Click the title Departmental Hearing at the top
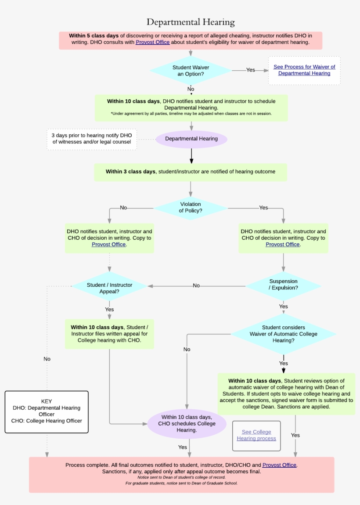(191, 22)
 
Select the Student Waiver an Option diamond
(191, 71)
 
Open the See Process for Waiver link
(304, 70)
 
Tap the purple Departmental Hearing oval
(191, 139)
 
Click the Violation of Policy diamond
(191, 208)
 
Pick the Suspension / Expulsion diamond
(283, 285)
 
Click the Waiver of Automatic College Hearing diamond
(283, 334)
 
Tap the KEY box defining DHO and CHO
(47, 411)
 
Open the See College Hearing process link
(256, 435)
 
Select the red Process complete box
(181, 474)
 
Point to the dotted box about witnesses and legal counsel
(92, 139)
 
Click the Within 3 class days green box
(191, 172)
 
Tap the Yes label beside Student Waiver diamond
(250, 70)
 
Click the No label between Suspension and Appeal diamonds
(196, 285)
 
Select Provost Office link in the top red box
(152, 43)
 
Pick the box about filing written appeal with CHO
(109, 334)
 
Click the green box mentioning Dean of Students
(286, 393)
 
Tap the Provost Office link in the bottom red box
(279, 465)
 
